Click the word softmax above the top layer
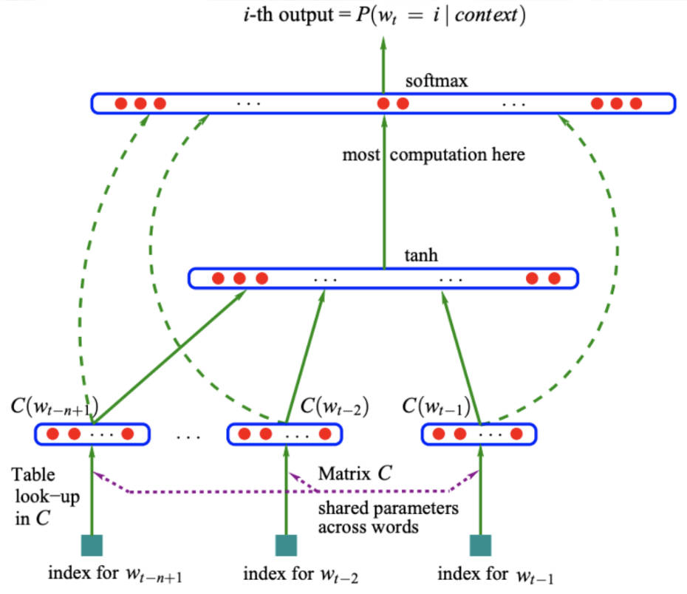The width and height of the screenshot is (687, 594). [436, 81]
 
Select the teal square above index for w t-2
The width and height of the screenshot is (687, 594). [286, 545]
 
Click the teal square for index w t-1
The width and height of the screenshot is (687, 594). [480, 545]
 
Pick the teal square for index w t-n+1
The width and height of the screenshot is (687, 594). [92, 545]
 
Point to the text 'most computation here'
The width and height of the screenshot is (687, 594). [434, 155]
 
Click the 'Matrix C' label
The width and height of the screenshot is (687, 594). [355, 474]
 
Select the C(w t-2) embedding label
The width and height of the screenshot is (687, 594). [335, 407]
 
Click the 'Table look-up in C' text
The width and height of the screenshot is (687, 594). [34, 496]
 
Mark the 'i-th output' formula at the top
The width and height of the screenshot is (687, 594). [382, 16]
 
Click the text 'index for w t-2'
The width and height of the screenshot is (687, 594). [301, 574]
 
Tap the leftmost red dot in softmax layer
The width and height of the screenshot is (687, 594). [120, 103]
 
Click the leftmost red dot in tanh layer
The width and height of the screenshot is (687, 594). [218, 279]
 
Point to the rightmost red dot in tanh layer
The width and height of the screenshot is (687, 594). [554, 279]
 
